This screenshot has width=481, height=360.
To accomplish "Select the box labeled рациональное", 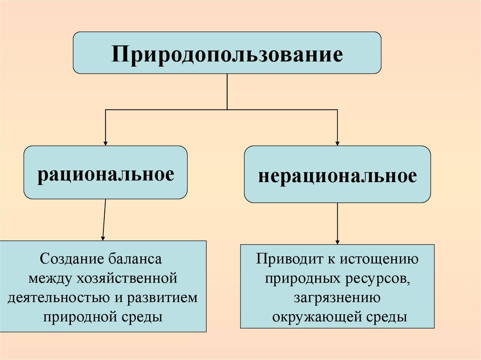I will [x=106, y=172].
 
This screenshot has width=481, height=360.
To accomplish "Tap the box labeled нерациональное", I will [x=337, y=175].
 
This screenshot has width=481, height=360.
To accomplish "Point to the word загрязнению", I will [x=337, y=298].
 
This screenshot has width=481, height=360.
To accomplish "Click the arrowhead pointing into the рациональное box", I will [x=106, y=142].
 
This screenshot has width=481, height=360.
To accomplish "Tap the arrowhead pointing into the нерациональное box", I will [x=337, y=142].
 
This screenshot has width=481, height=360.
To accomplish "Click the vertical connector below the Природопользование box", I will [x=227, y=92].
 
